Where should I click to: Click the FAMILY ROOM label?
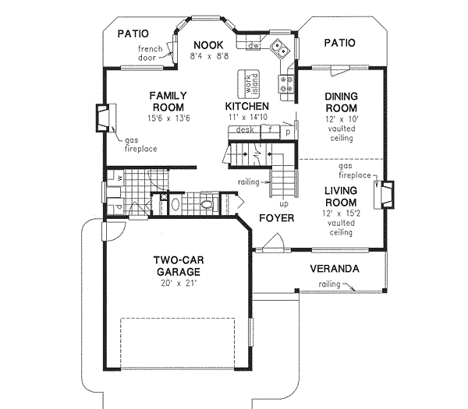(x=168, y=101)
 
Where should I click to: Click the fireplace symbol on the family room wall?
(x=102, y=118)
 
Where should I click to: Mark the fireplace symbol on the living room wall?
(x=385, y=195)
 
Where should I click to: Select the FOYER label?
(x=277, y=218)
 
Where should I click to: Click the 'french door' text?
(x=151, y=54)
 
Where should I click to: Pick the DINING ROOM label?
(x=340, y=102)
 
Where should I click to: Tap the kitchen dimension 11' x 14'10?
(x=247, y=117)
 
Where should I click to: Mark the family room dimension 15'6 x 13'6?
(x=168, y=118)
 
